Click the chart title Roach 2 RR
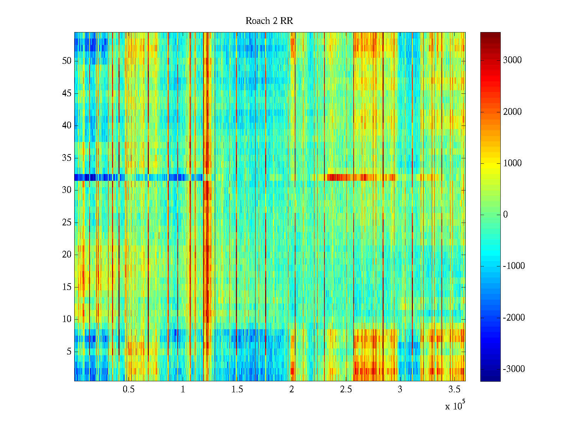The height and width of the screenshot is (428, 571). tap(269, 21)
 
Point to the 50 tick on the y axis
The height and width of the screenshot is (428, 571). tap(67, 61)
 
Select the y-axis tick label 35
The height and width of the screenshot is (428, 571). tap(67, 158)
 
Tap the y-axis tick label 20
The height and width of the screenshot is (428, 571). tap(67, 254)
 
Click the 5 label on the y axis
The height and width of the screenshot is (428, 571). tap(69, 351)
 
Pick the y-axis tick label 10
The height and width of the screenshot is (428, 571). tap(67, 319)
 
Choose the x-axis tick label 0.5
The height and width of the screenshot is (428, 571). tap(128, 389)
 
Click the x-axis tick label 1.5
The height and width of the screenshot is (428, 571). tap(237, 389)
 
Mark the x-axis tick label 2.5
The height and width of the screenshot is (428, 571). tap(346, 389)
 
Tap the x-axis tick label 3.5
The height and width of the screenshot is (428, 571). tap(454, 389)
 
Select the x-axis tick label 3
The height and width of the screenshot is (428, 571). tap(400, 389)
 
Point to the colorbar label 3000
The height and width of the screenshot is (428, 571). tap(512, 60)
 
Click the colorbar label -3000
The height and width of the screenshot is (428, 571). tap(514, 369)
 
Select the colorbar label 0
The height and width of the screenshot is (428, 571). tap(505, 214)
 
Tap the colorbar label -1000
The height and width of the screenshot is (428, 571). tap(514, 266)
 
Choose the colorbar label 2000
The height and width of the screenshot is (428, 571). tap(512, 112)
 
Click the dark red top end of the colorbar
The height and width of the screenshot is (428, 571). tap(490, 35)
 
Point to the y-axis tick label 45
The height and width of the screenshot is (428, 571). tap(67, 93)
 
